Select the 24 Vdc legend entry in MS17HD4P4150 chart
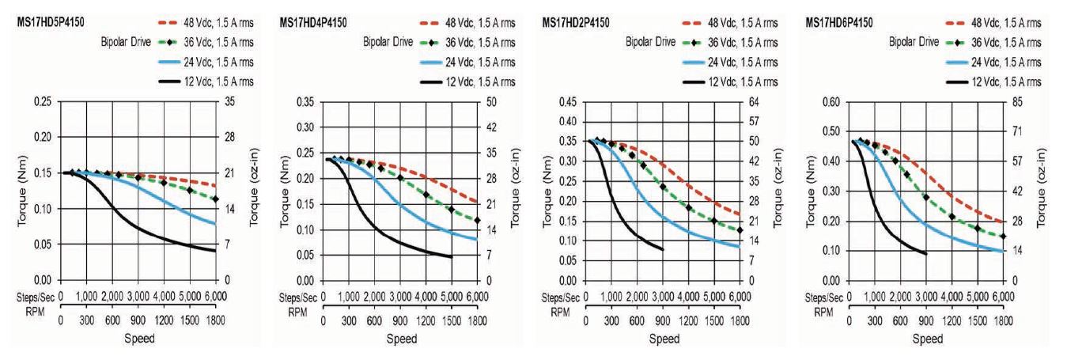(x=477, y=63)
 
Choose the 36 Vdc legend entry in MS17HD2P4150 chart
(x=740, y=43)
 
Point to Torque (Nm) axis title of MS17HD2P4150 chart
(x=552, y=191)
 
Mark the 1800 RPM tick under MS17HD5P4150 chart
(x=215, y=323)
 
